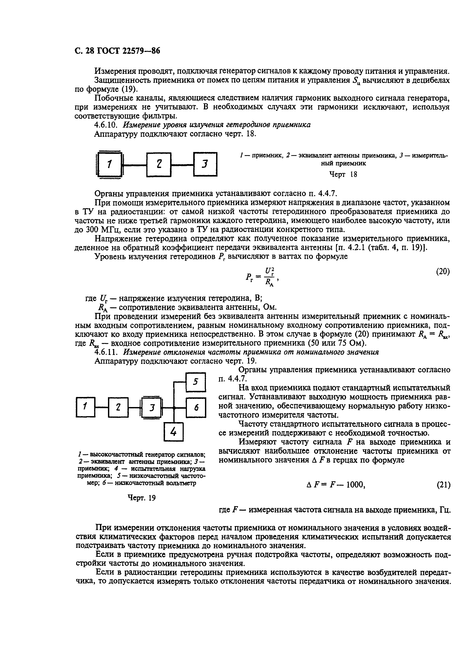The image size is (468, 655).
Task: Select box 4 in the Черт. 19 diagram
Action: pyautogui.click(x=173, y=432)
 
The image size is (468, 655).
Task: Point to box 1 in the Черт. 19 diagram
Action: pyautogui.click(x=85, y=407)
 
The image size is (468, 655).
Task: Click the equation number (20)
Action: pyautogui.click(x=443, y=271)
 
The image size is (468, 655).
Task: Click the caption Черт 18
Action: pyautogui.click(x=343, y=174)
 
